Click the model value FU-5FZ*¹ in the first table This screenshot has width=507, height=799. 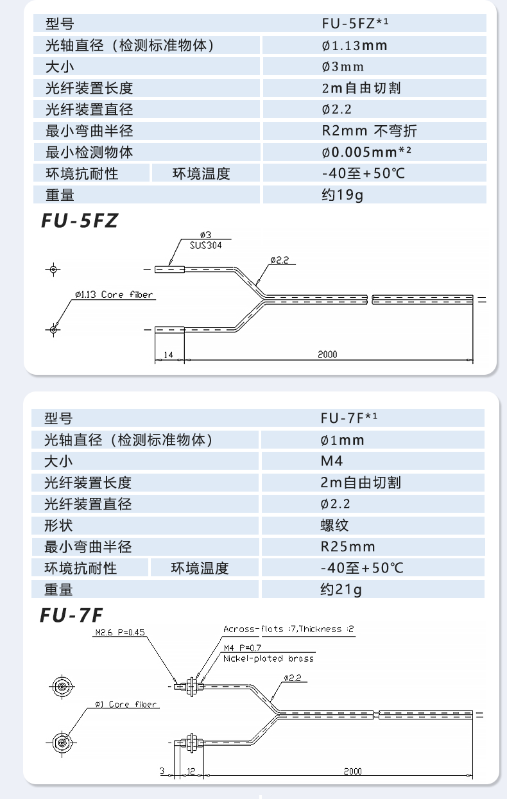point(356,24)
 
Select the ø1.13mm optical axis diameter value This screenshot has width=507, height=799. point(354,46)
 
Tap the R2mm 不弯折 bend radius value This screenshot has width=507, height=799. point(369,131)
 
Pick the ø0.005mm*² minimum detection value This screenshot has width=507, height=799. point(366,152)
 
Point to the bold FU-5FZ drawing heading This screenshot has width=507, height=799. point(80,221)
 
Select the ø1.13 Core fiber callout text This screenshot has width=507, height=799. point(114,295)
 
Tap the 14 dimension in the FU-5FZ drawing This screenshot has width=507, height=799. point(169,354)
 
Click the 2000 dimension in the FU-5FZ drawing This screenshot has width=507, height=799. point(327,354)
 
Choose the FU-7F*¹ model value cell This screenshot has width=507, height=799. point(349,418)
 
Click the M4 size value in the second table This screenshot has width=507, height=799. point(332,461)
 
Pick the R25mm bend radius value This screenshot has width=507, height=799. point(348,546)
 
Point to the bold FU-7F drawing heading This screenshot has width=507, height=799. point(71,615)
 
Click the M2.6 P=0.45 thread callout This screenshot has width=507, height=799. point(120,632)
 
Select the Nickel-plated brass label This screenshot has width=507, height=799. point(268,658)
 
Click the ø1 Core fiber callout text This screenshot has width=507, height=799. point(126,704)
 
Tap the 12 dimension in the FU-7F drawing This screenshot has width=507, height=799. point(191,771)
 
